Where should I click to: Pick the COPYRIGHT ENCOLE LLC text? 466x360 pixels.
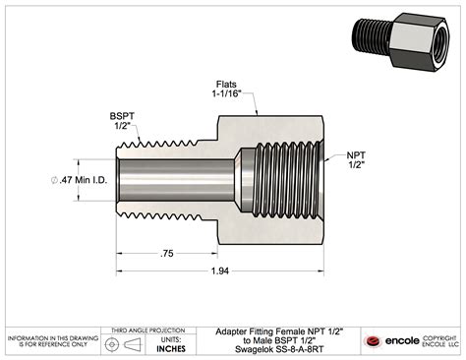(x=441, y=340)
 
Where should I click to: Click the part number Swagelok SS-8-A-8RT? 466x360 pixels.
(x=272, y=349)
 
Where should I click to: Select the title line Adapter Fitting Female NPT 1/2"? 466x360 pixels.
(x=272, y=332)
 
